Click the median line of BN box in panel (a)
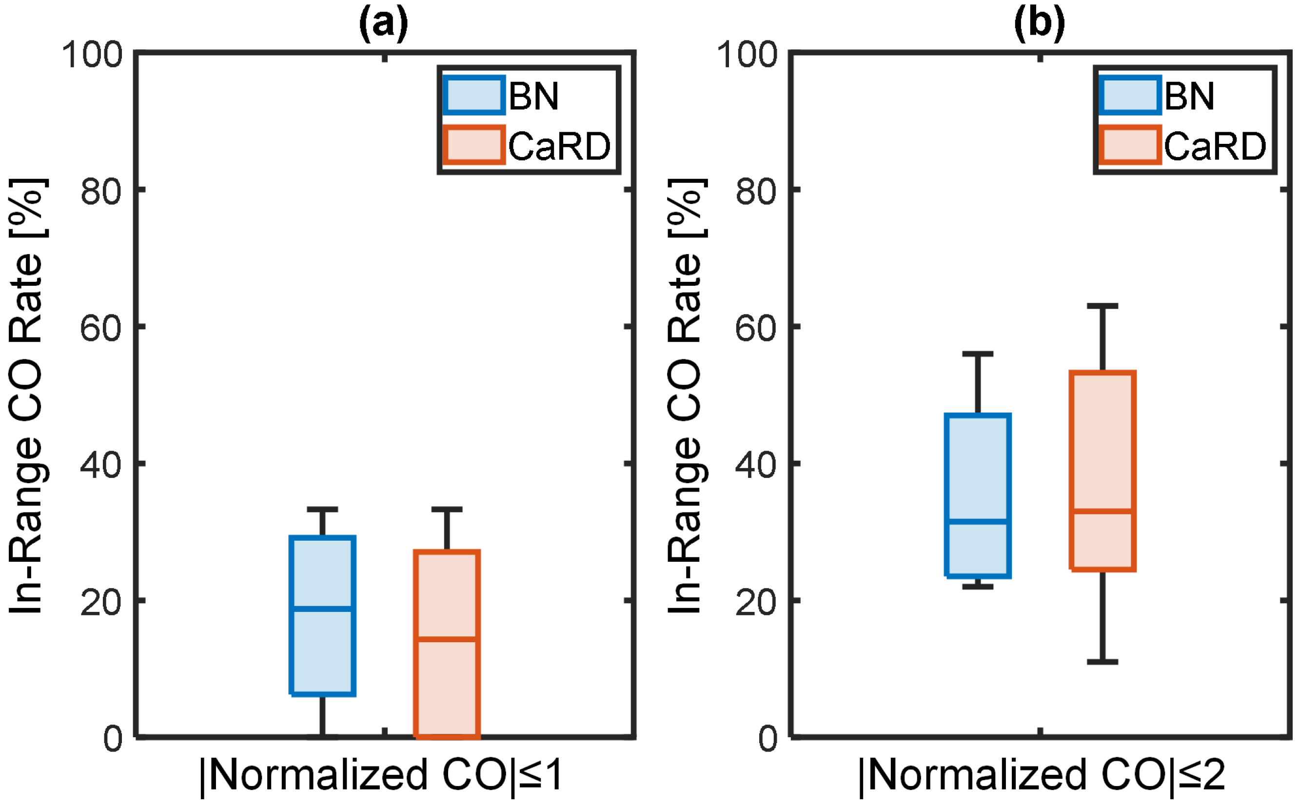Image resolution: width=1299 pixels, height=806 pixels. click(x=322, y=608)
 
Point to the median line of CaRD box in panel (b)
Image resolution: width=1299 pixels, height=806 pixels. click(x=1102, y=511)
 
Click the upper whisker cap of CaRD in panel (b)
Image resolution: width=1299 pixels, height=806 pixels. click(x=1102, y=307)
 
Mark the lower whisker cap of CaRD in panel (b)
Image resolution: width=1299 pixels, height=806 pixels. click(x=1102, y=662)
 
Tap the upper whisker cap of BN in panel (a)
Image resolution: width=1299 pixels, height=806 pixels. click(x=322, y=510)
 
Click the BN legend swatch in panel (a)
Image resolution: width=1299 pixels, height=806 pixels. click(x=473, y=96)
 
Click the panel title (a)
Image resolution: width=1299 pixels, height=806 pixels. click(x=383, y=22)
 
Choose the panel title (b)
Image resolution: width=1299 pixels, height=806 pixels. click(x=1039, y=22)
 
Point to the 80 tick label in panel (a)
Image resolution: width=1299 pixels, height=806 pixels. click(x=101, y=191)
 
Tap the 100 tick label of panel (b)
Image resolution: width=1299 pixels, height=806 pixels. click(x=746, y=55)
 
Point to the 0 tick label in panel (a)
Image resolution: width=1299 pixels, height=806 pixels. click(x=113, y=739)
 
